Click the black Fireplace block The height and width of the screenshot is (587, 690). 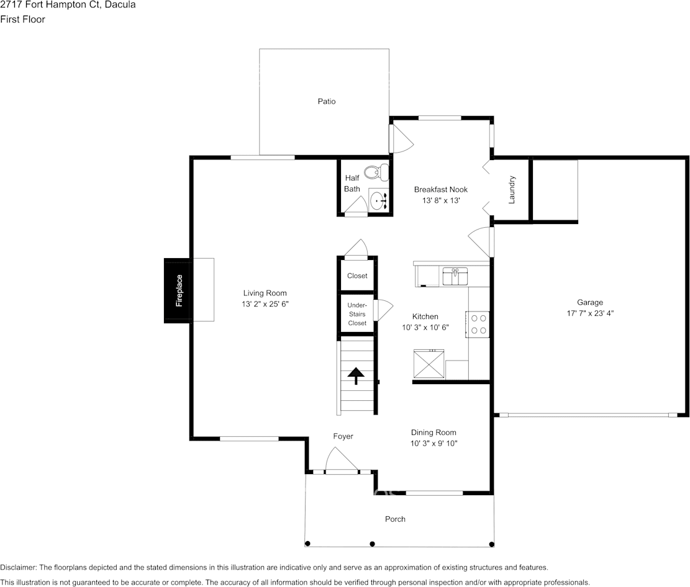(179, 290)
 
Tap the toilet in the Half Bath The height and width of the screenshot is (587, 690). (376, 172)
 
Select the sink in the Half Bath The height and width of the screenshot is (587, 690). (378, 200)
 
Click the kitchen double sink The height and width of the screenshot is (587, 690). (455, 276)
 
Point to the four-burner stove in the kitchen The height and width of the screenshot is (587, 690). (478, 324)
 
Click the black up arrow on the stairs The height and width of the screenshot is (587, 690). (356, 375)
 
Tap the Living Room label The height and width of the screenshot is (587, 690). (265, 293)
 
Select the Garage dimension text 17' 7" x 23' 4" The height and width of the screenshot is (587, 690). (591, 313)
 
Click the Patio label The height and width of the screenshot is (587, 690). (327, 101)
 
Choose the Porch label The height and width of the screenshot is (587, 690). (395, 519)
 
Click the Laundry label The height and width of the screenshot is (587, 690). (512, 190)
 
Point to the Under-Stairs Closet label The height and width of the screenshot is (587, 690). (357, 314)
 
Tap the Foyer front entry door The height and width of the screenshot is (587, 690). (340, 462)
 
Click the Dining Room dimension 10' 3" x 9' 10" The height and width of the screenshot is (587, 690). (434, 443)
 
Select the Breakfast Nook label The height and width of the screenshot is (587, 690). (441, 189)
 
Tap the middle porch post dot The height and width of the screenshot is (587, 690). (372, 544)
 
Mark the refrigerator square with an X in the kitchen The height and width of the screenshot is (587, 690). (429, 364)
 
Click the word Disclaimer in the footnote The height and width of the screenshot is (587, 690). (18, 567)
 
